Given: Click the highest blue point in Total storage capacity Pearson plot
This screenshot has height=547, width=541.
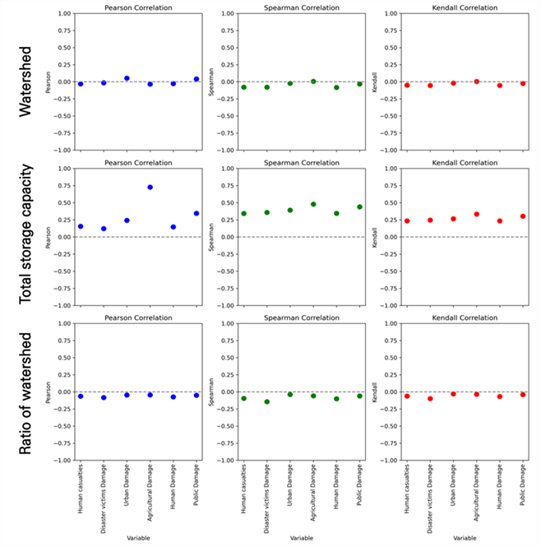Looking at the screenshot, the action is click(x=150, y=188).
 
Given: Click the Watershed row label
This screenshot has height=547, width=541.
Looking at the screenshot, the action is click(x=25, y=82).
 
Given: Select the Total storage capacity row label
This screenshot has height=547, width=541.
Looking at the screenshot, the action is click(x=25, y=234).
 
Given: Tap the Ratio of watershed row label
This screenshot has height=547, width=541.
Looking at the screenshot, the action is click(x=25, y=393).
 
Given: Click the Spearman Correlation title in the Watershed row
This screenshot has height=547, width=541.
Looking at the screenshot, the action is click(x=302, y=7).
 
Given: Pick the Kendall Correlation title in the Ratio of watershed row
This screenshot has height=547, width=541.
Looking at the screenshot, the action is click(x=465, y=318).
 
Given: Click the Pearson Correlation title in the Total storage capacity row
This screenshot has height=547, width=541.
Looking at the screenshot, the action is click(x=138, y=163).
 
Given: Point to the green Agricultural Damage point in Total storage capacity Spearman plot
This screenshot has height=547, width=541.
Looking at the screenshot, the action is click(x=313, y=204).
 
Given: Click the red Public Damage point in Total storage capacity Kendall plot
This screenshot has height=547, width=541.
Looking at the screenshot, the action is click(x=523, y=216).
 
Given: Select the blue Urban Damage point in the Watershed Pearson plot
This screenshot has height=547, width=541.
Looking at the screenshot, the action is click(x=127, y=78).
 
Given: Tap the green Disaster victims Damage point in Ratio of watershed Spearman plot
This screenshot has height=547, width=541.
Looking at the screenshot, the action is click(x=267, y=402).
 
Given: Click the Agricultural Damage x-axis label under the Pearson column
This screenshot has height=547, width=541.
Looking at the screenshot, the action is click(x=150, y=493).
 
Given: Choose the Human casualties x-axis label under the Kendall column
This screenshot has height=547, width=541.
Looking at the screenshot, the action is click(x=407, y=489).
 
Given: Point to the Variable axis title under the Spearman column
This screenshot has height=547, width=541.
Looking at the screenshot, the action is click(x=302, y=538).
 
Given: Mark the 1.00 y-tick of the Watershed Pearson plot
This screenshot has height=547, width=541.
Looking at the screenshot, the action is click(x=64, y=14).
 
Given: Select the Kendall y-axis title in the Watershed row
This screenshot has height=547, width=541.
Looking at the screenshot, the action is click(x=375, y=82).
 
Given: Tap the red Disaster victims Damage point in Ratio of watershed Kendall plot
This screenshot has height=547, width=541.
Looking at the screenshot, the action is click(x=430, y=398).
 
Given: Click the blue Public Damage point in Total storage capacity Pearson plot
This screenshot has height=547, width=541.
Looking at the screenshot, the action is click(x=197, y=213).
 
